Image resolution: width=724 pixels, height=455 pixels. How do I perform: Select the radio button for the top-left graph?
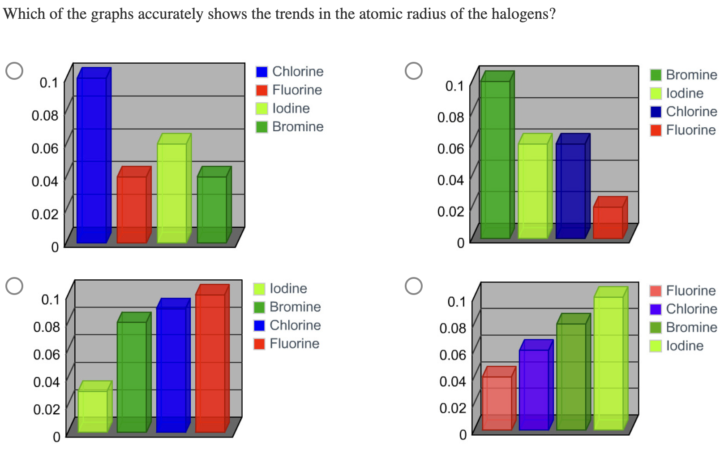coord(14,70)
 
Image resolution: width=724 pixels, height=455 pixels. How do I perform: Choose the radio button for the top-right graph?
coord(413,70)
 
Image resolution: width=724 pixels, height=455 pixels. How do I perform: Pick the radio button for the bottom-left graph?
coord(14,286)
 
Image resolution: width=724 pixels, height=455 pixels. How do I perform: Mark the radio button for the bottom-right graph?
coord(413,286)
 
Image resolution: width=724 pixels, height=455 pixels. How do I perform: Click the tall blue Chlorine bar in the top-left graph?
coord(92,157)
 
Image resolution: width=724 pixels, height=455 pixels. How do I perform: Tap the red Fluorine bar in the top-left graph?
coord(132,208)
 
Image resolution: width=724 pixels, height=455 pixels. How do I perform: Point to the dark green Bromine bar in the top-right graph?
coord(495,157)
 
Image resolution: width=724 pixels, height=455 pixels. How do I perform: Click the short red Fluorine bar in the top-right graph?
coord(608,221)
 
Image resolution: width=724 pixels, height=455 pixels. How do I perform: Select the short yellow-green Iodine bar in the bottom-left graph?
coord(93,410)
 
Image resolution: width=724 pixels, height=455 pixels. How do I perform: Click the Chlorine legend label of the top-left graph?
coord(298,72)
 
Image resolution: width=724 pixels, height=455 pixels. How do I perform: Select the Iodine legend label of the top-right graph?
coord(685,93)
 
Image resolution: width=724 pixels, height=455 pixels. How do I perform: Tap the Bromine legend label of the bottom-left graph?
coord(295,307)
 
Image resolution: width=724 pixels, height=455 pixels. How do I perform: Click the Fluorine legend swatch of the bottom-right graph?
coord(655,291)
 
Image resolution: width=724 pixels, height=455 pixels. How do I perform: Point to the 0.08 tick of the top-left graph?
coord(45,116)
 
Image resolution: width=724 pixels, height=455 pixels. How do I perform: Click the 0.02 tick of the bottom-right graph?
coord(453,408)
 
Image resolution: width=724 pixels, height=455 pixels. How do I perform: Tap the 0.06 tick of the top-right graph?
coord(450,148)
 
